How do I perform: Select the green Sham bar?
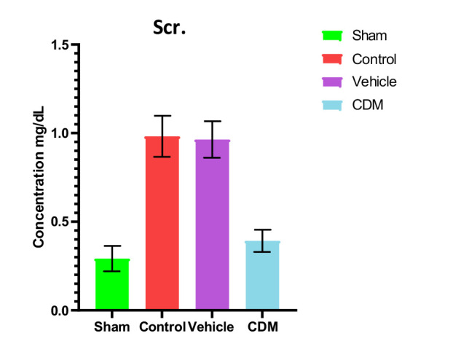click(112, 284)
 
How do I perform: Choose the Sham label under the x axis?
click(111, 327)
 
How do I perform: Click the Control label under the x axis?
click(161, 327)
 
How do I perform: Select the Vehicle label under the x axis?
click(211, 327)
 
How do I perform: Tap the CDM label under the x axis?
click(262, 327)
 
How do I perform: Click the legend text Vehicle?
click(373, 82)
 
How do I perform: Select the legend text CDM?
click(368, 105)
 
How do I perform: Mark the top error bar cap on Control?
click(162, 115)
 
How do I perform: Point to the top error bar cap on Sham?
click(112, 246)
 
